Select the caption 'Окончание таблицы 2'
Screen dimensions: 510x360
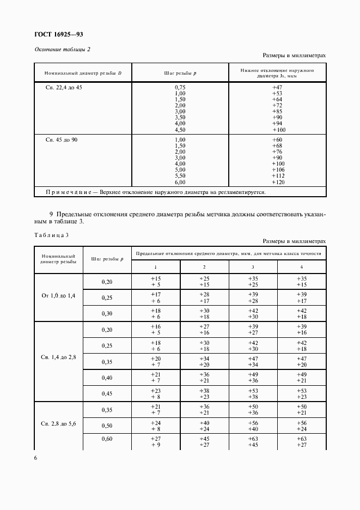pos(62,49)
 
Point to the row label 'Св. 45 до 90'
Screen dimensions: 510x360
pos(61,140)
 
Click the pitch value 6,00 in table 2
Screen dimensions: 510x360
pos(180,182)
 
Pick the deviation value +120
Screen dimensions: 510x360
pos(278,182)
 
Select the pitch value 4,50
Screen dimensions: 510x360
pos(180,130)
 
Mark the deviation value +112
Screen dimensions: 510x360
pos(278,176)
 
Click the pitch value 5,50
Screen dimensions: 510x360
pos(180,176)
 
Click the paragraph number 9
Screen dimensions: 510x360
pos(51,214)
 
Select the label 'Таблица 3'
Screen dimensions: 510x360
pos(51,235)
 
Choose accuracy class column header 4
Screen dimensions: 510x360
pos(301,267)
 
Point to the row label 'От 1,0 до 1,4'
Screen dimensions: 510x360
pos(58,296)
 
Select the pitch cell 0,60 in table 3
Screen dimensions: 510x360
pos(106,439)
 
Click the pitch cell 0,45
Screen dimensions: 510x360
pos(106,393)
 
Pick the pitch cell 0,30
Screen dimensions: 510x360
pos(106,313)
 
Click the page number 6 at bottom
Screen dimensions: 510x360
pos(35,458)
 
